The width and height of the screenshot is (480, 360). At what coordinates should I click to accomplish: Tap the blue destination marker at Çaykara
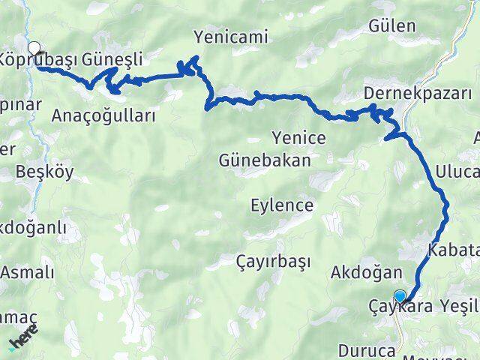(x=400, y=296)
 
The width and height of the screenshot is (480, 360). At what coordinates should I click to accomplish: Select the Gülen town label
(x=391, y=25)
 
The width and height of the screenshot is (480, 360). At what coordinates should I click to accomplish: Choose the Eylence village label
(x=282, y=205)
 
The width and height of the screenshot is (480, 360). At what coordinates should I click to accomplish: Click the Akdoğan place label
(x=366, y=272)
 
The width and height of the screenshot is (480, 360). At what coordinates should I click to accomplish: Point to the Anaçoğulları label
(x=104, y=115)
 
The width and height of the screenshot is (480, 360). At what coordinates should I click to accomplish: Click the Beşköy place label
(x=45, y=172)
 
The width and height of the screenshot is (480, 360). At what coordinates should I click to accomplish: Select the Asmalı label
(x=27, y=272)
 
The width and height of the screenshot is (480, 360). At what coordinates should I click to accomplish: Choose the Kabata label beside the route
(x=453, y=249)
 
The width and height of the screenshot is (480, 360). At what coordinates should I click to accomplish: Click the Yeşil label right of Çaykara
(x=458, y=307)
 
